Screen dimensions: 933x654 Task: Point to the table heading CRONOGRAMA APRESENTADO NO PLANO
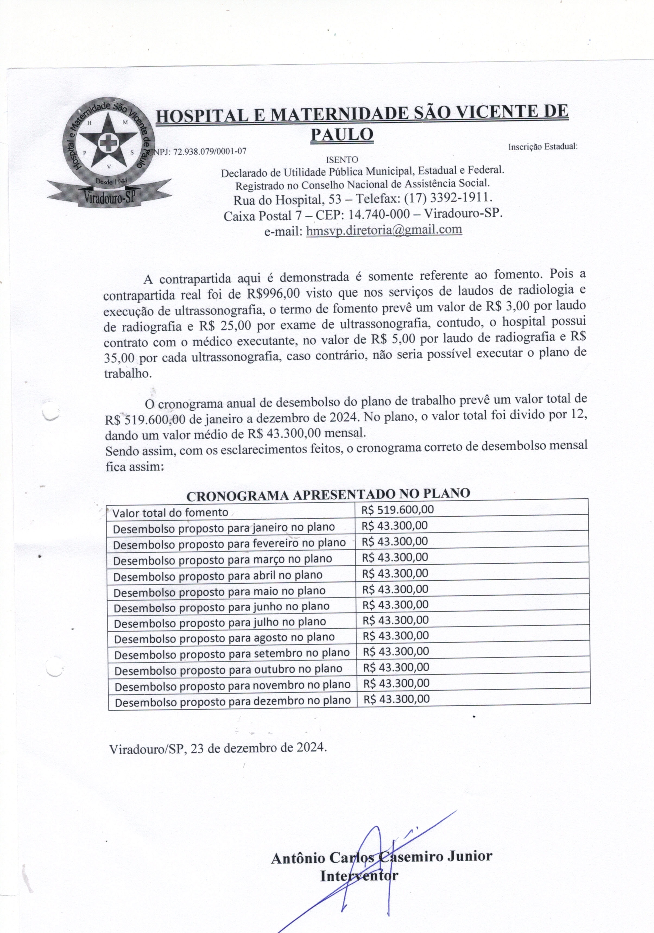[328, 495]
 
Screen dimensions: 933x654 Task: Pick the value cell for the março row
[395, 557]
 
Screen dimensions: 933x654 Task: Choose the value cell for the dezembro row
[396, 699]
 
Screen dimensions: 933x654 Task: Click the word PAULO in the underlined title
[342, 134]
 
